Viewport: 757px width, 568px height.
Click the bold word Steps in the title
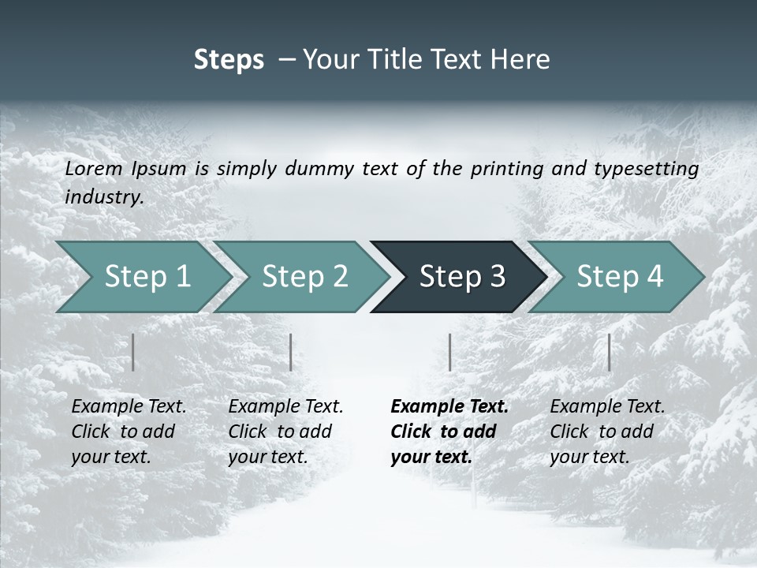(229, 60)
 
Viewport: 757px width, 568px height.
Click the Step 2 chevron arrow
(304, 277)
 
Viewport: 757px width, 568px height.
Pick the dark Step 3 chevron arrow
(461, 277)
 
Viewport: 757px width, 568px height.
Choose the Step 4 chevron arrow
(619, 277)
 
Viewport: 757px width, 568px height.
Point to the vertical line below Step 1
(133, 352)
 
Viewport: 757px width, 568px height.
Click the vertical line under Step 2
(291, 352)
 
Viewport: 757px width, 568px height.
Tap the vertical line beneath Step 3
(449, 352)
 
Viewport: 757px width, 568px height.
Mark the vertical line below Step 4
(609, 352)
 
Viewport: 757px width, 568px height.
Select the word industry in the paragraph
(104, 197)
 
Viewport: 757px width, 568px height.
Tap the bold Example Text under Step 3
(449, 407)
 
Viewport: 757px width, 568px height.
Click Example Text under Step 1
(129, 407)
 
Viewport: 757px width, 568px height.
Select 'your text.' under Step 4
(589, 457)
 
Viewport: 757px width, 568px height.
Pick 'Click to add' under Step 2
(280, 432)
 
